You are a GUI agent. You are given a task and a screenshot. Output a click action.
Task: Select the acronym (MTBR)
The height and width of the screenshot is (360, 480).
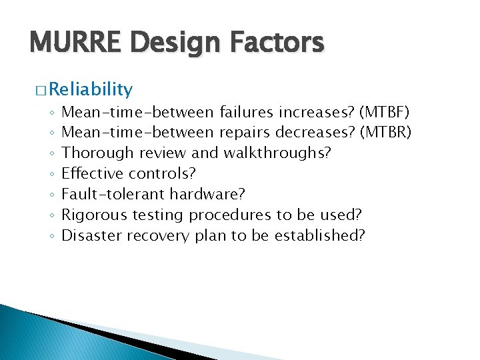point(385,132)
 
